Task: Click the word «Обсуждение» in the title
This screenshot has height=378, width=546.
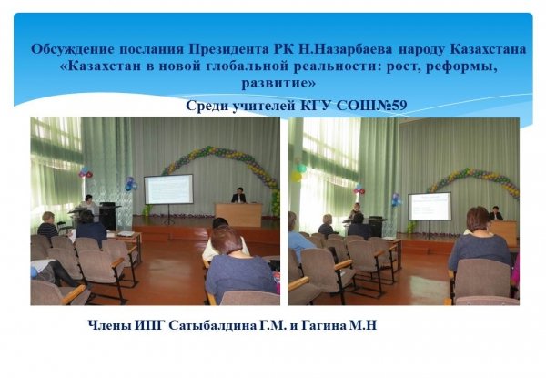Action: pos(73,50)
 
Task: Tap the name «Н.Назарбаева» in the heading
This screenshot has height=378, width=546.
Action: pos(346,49)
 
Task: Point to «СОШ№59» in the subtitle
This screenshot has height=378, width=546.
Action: pos(371,106)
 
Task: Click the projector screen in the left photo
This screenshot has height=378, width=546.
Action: pos(169,189)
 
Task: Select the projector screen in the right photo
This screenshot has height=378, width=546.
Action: pos(430,206)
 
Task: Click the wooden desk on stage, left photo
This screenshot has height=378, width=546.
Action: pos(238,215)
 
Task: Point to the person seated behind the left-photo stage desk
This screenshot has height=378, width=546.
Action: pos(238,196)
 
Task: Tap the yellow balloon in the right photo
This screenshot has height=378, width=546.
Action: pos(297,177)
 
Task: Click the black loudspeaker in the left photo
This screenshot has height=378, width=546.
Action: pos(107,216)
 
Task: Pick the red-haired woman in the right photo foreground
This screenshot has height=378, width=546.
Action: pos(480,240)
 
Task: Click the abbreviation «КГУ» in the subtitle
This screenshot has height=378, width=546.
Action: pos(316,106)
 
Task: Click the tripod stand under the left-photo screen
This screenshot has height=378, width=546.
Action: pos(169,214)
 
